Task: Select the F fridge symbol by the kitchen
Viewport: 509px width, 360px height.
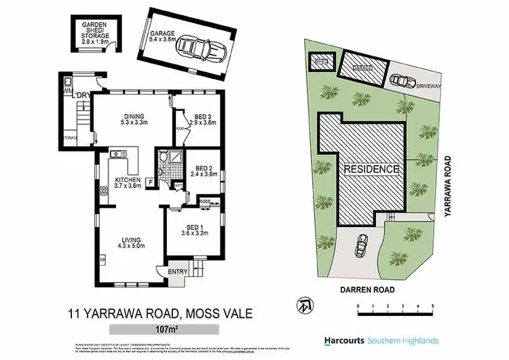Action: point(149,163)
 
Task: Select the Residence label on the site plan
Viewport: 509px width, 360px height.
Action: point(370,168)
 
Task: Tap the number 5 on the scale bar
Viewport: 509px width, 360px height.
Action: point(432,306)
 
